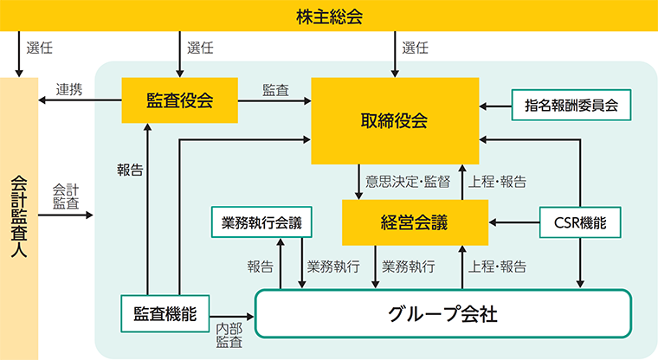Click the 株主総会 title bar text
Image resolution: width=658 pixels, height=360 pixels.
pos(328,15)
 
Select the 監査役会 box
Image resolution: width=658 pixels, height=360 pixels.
pos(180,101)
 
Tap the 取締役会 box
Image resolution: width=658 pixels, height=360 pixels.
pos(395,120)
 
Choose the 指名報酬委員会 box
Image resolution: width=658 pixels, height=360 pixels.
pos(571,106)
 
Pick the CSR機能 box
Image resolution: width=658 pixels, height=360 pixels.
pos(579,222)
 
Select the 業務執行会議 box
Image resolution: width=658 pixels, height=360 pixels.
pos(261,222)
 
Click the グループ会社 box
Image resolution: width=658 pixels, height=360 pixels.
pos(442,313)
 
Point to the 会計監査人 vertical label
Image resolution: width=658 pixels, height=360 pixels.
pos(20,216)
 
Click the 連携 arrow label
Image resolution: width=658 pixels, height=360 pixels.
pos(69,88)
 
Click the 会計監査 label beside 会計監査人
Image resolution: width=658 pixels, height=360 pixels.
pos(66,196)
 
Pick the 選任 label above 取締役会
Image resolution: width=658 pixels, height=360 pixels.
pos(415,48)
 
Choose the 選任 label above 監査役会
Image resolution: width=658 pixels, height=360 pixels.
pos(200,48)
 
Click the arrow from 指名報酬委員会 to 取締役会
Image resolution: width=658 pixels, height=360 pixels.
pos(496,106)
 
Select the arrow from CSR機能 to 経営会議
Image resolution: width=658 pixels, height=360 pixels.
pos(514,222)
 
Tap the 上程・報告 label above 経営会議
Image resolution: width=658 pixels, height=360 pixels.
pos(497,182)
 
